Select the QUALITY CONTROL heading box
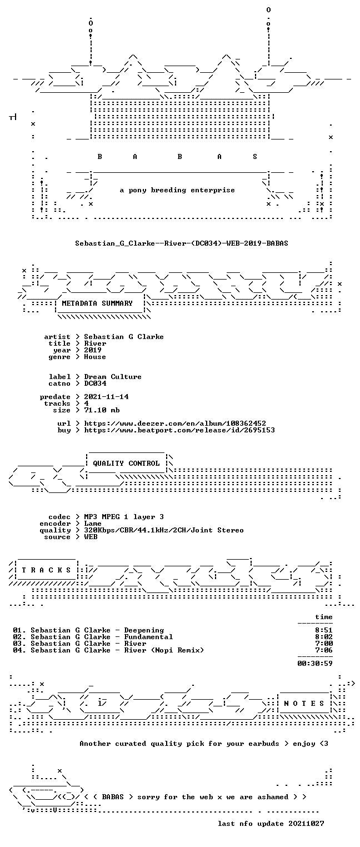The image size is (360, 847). click(x=126, y=464)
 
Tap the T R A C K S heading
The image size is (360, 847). click(x=47, y=570)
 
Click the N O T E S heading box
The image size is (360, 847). click(x=304, y=703)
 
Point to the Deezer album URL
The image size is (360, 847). click(x=174, y=423)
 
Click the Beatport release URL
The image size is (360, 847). click(x=179, y=430)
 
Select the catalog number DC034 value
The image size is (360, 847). click(x=95, y=383)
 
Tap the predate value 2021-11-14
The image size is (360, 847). click(x=106, y=397)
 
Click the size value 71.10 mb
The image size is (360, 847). click(x=102, y=410)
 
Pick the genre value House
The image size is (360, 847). click(x=95, y=357)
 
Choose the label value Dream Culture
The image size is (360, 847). click(x=113, y=377)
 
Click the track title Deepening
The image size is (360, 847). click(x=144, y=630)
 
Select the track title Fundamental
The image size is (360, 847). click(x=149, y=637)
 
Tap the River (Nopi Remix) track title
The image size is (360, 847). click(x=164, y=650)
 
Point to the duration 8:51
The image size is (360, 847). click(x=324, y=630)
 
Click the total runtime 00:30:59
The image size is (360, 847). click(x=315, y=663)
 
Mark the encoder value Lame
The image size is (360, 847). click(x=93, y=524)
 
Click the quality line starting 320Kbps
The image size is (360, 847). click(x=164, y=531)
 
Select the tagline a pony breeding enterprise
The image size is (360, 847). click(x=177, y=190)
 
